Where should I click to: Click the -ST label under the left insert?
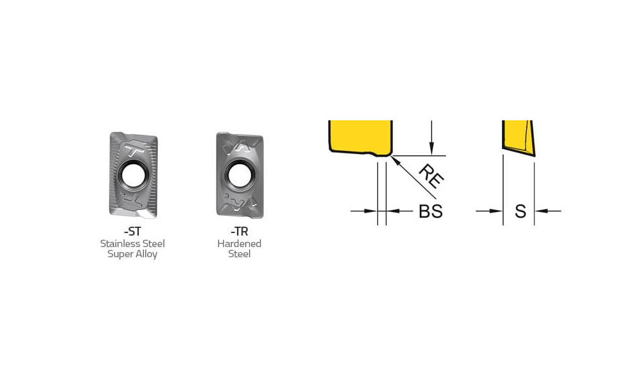pos(132,232)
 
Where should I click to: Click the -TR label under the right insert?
pos(240,232)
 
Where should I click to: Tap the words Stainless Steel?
pos(132,244)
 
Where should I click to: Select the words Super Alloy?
pos(132,254)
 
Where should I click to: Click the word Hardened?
pos(240,244)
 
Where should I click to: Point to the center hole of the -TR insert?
pos(240,176)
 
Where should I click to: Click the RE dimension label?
pos(431,176)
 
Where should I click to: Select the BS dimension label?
pos(431,211)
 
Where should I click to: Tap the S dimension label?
pos(520,211)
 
